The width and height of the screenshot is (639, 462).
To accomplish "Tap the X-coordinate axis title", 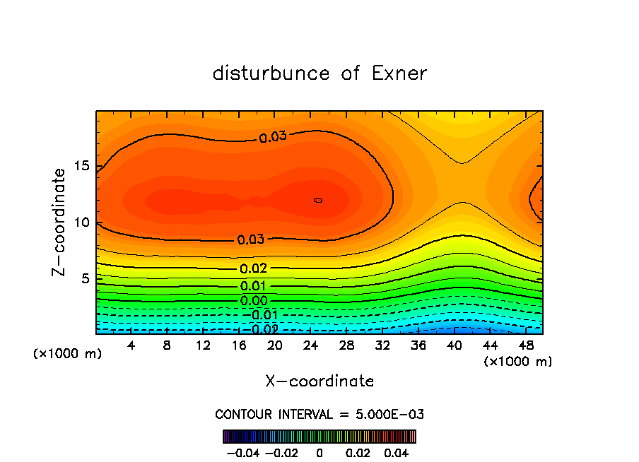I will click(x=319, y=381).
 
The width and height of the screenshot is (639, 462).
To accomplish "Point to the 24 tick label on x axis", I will click(x=310, y=346).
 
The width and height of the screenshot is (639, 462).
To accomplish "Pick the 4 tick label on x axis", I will click(x=131, y=346).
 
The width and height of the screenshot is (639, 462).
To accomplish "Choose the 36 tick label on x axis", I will click(x=418, y=346).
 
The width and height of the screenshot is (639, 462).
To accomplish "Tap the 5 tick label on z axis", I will click(x=85, y=278).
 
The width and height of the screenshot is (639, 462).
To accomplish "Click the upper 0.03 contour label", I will click(x=273, y=136).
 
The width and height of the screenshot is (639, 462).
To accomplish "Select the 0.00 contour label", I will click(x=253, y=300).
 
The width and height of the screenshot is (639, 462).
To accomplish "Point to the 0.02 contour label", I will click(x=253, y=268).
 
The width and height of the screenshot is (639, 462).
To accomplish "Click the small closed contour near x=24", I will click(x=318, y=200).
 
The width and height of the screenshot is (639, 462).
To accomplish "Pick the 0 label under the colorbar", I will click(x=319, y=452).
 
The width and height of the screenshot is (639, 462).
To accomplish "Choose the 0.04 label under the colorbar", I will click(x=398, y=452).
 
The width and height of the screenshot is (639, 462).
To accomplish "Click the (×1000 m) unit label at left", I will click(x=68, y=353).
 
